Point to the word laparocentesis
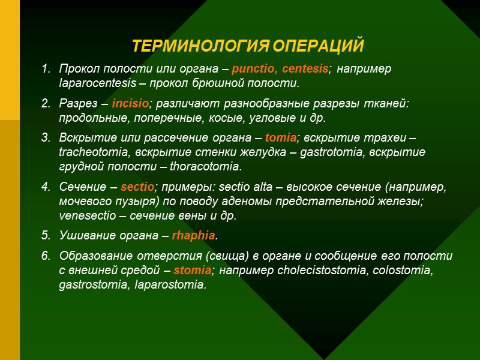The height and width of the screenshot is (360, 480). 93,82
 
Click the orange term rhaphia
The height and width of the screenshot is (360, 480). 193,235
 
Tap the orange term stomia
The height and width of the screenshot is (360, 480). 196,270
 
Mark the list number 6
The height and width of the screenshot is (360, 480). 45,256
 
